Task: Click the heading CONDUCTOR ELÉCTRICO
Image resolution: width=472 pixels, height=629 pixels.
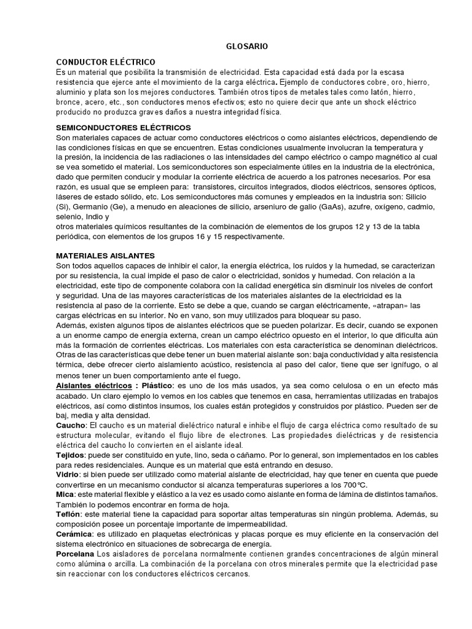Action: pyautogui.click(x=106, y=62)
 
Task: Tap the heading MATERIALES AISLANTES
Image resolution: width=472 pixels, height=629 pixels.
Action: pyautogui.click(x=105, y=255)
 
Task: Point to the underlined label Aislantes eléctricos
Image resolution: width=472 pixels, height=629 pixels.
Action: pyautogui.click(x=92, y=385)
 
